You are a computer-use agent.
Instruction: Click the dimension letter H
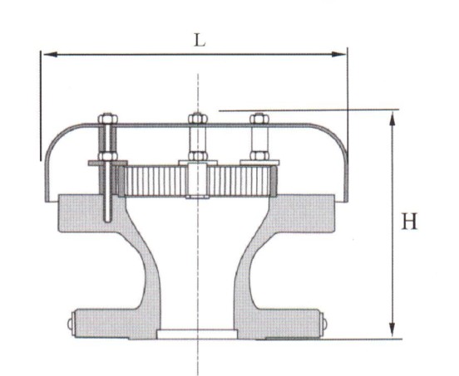408,222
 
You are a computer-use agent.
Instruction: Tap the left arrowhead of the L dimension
47,55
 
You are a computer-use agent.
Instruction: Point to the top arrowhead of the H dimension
392,115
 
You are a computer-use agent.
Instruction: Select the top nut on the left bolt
106,121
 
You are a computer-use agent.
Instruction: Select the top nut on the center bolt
197,119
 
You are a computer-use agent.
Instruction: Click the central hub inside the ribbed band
197,179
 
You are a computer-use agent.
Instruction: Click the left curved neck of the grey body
141,266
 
